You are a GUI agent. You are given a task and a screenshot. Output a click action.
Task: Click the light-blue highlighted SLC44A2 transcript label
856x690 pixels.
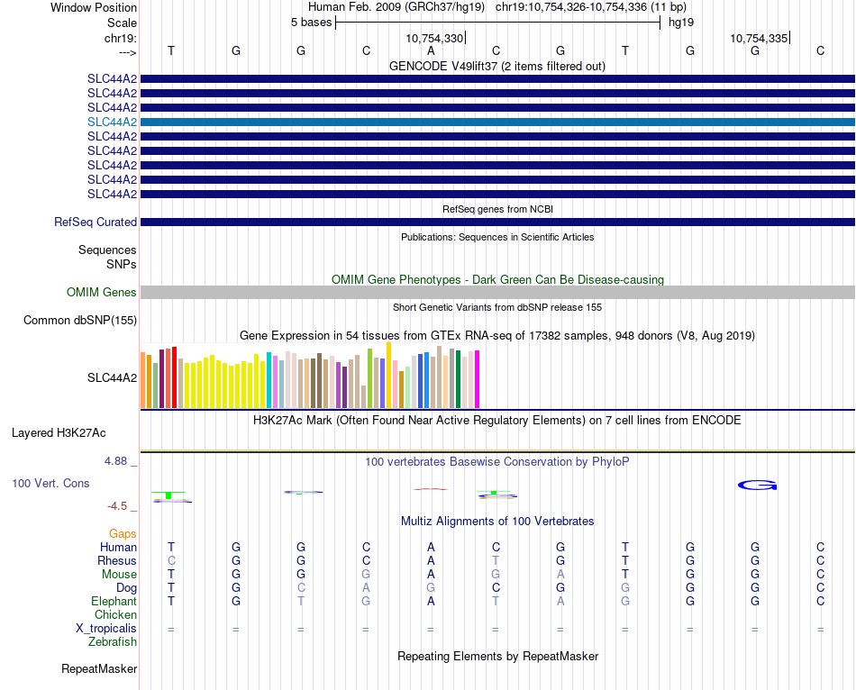tap(112, 122)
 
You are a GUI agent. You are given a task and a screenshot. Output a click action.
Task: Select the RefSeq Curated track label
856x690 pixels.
tap(96, 222)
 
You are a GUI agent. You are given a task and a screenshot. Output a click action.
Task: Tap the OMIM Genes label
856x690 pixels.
tap(102, 293)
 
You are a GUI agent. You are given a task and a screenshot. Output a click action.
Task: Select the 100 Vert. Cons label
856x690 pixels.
tap(50, 484)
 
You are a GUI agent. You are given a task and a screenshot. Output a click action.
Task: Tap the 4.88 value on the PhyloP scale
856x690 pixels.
tap(117, 461)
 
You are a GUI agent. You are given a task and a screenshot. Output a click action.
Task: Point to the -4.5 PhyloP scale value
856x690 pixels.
tap(120, 506)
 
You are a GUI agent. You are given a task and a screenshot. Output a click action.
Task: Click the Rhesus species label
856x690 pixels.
tap(117, 561)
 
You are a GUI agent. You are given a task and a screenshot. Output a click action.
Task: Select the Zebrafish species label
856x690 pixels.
tap(113, 642)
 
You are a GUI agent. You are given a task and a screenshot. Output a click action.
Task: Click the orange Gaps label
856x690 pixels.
tap(123, 534)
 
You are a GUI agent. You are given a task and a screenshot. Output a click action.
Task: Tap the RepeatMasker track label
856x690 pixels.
tap(99, 669)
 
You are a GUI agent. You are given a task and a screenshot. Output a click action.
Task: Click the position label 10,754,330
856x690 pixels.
tap(434, 39)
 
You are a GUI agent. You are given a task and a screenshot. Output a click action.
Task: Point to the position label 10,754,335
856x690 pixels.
tap(759, 39)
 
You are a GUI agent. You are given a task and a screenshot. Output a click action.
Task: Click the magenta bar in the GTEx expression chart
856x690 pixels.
tap(477, 379)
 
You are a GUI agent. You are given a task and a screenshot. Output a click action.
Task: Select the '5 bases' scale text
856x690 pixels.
tap(311, 23)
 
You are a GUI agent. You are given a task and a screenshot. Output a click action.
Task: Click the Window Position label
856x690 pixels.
tap(94, 7)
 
